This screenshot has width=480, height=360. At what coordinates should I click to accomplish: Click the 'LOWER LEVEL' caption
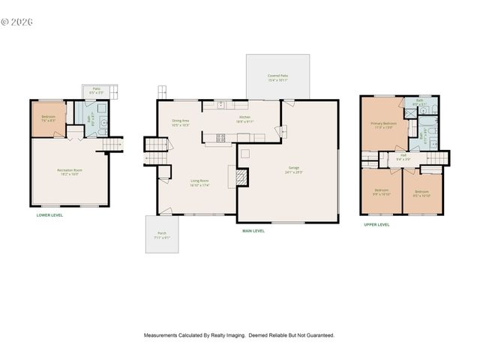(49, 215)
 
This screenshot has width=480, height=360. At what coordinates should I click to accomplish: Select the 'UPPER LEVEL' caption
(376, 224)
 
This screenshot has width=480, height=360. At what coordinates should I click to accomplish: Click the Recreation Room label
(69, 172)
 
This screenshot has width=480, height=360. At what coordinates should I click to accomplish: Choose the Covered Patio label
(277, 77)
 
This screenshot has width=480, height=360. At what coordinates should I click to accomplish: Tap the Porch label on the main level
(162, 235)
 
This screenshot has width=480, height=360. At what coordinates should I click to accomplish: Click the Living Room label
(199, 182)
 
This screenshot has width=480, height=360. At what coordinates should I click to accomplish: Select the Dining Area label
(180, 122)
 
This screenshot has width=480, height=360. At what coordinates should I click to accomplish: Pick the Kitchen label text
(244, 119)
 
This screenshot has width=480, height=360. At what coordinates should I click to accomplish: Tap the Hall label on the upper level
(403, 157)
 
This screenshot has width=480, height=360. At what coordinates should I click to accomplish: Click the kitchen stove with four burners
(220, 137)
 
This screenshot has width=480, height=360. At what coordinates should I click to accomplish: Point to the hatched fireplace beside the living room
(241, 177)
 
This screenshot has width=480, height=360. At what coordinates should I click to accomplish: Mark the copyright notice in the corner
(18, 22)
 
